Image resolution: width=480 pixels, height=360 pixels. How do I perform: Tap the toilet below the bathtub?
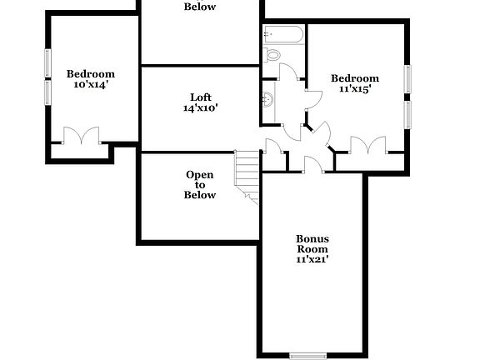click(x=272, y=55)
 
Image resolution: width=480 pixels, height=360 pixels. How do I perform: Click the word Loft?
click(x=200, y=97)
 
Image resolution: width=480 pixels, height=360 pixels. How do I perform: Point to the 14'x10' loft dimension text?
click(x=200, y=107)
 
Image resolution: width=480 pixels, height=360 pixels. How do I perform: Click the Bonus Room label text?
click(x=312, y=243)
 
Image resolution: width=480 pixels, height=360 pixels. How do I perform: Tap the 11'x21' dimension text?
click(x=312, y=259)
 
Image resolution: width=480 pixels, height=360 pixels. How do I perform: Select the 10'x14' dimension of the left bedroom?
click(x=90, y=84)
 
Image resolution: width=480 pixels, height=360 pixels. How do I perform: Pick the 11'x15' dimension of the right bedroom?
click(x=355, y=89)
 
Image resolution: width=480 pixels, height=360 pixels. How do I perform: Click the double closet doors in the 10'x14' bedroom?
click(x=81, y=136)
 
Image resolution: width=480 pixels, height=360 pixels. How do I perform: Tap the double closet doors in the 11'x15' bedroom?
click(x=367, y=146)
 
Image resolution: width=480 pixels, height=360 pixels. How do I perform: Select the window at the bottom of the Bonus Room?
click(x=309, y=356)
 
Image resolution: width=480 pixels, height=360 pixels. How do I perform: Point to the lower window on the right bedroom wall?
click(x=407, y=114)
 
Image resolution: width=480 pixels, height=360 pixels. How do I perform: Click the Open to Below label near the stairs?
click(x=200, y=185)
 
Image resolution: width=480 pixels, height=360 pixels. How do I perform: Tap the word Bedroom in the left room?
click(x=90, y=73)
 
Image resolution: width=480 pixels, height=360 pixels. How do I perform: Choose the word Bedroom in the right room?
click(x=355, y=78)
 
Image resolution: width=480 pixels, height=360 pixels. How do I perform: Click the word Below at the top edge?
click(x=200, y=7)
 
